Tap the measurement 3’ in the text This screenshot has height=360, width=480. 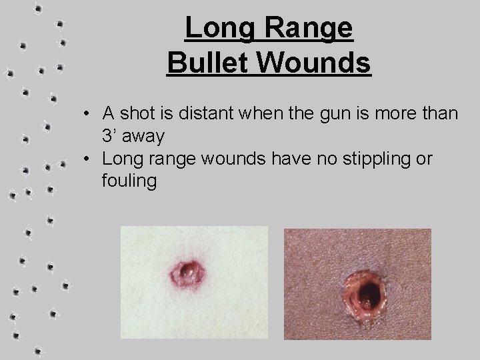110,135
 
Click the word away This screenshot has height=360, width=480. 144,136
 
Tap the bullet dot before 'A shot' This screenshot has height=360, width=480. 88,115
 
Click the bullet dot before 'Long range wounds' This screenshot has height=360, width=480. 88,159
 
